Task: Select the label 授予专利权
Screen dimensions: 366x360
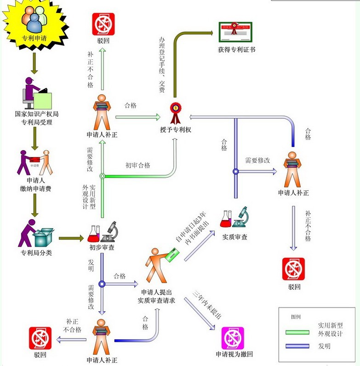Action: [175, 130]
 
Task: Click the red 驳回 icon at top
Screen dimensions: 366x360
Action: [103, 23]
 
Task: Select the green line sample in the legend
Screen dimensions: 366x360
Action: [298, 332]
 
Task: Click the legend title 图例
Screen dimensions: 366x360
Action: [296, 318]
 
